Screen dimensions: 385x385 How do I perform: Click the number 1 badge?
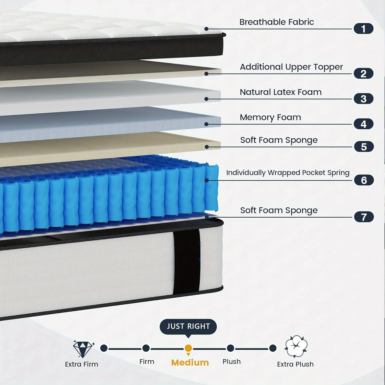pos(363,28)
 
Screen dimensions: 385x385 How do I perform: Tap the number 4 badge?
pos(363,124)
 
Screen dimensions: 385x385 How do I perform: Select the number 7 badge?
pos(364,217)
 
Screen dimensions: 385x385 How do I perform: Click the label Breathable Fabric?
pos(276,22)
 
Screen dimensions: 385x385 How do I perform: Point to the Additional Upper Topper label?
pos(291,67)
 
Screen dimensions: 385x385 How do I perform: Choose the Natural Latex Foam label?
pos(281,92)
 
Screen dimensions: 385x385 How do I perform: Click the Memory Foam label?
pos(270,117)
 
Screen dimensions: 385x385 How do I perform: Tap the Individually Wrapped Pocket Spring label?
pos(288,173)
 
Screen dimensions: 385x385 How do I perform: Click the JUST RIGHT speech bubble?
pos(188,327)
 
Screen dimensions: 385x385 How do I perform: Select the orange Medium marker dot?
pos(188,348)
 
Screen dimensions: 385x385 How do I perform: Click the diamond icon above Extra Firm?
pos(83,349)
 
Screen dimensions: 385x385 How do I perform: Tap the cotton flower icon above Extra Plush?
pos(296,346)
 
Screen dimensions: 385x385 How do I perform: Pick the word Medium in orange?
pos(190,362)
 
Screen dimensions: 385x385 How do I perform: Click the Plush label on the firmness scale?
pos(232,362)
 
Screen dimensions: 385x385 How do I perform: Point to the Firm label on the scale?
pos(147,362)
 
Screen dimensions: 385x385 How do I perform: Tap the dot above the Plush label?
pos(230,348)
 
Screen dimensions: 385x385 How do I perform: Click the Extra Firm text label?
pos(82,364)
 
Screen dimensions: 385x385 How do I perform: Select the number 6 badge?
pos(364,180)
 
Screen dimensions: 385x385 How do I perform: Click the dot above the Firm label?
pos(146,348)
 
